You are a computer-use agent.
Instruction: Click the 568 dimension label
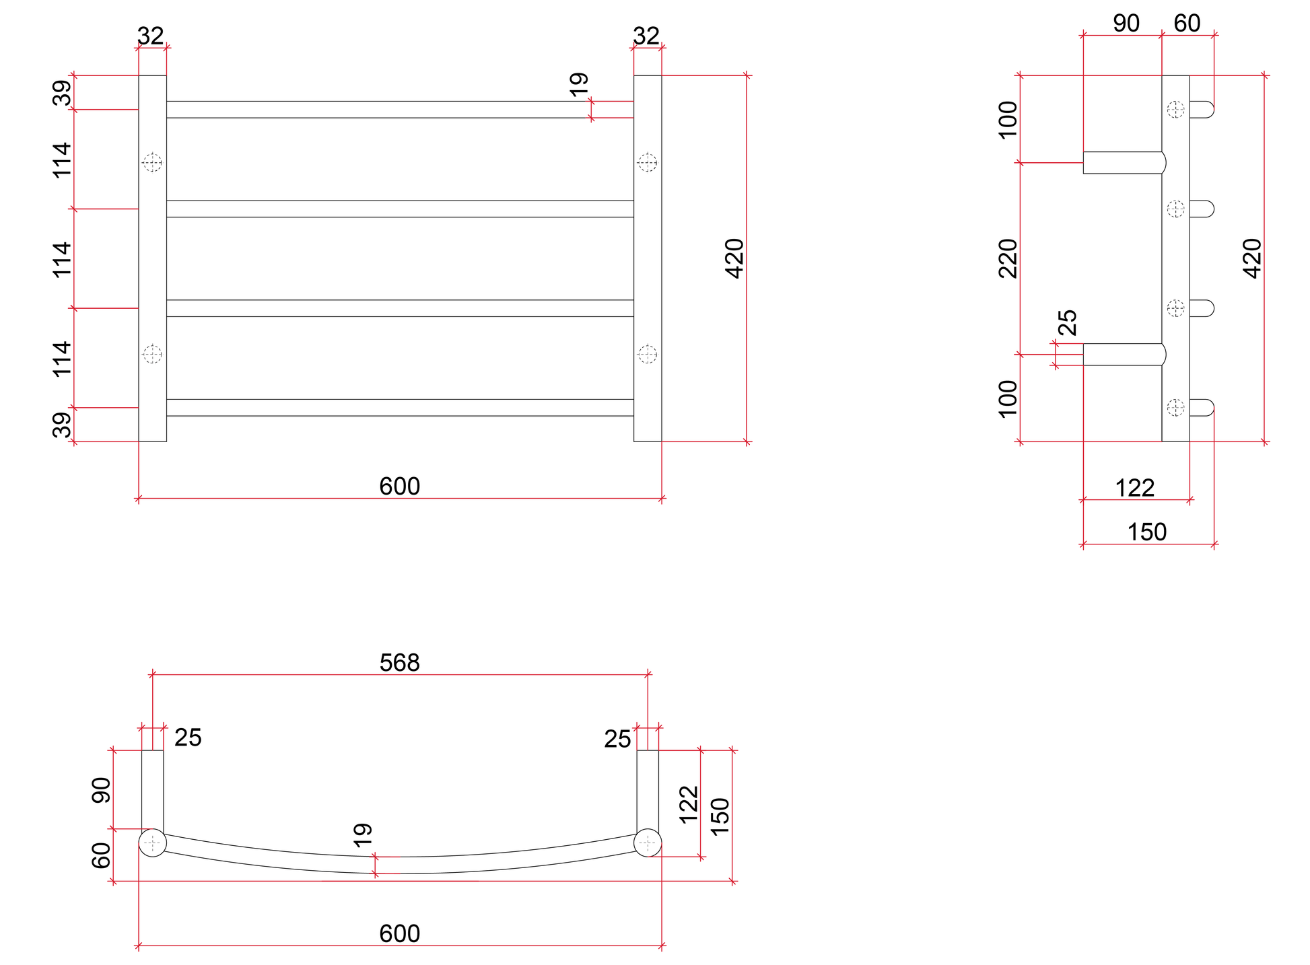coord(399,663)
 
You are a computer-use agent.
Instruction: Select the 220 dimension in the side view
coord(1008,258)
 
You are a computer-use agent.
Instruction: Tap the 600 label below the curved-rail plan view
coord(399,933)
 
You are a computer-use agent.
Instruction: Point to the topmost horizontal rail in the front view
coord(400,110)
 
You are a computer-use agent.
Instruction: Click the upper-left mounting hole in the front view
coord(152,162)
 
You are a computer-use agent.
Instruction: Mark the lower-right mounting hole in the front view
coord(648,354)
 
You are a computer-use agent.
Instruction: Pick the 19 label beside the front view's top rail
coord(579,84)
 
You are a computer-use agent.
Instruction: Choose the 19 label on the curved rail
coord(362,834)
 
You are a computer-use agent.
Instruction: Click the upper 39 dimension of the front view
coord(61,93)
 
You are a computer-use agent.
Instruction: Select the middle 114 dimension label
coord(61,259)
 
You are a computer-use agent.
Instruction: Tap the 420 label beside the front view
coord(734,258)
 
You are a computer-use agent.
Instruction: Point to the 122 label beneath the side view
coord(1135,488)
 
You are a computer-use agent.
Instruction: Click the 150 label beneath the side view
coord(1147,532)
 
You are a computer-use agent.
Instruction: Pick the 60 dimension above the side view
coord(1187,24)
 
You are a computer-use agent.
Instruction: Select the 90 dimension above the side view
coord(1126,24)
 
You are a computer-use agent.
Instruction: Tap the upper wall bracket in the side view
coord(1124,163)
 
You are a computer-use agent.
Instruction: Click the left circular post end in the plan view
coord(152,843)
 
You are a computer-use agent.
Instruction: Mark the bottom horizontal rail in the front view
coord(400,408)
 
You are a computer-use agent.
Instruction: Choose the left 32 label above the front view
coord(150,36)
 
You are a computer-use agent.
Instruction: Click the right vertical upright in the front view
coord(648,258)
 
